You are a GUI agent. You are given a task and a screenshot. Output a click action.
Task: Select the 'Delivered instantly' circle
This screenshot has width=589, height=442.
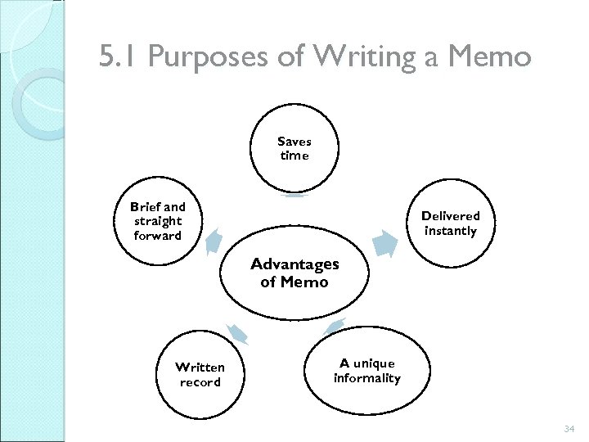coord(450,223)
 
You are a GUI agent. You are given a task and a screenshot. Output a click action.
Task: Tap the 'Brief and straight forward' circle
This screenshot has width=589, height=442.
coord(158,222)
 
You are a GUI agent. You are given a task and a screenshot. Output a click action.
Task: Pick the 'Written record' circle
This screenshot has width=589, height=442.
coord(200,375)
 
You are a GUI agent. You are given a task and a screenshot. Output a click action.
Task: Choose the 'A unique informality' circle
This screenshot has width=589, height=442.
coord(367,371)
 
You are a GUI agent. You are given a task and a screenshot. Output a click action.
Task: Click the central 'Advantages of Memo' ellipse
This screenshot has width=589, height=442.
coord(294,273)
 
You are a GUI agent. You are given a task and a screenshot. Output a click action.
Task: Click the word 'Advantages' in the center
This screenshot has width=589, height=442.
coord(294,264)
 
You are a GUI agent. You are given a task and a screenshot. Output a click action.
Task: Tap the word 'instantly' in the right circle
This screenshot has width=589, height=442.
coord(450,231)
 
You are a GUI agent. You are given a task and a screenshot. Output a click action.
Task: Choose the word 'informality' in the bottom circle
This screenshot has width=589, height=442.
coord(367,378)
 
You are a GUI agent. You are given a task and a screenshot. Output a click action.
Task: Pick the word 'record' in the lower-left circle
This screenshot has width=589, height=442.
coord(200,382)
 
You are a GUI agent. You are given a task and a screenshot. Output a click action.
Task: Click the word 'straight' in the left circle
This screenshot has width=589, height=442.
coord(158,222)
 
